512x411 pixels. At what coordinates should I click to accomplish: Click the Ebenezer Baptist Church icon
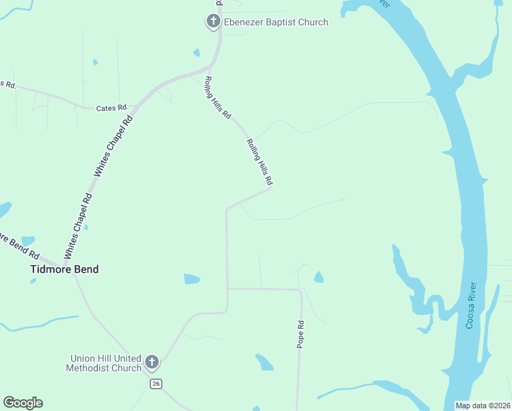point(213,22)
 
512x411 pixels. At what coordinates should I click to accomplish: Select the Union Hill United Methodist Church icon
point(152,362)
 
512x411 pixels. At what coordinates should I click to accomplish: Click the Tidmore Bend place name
point(64,269)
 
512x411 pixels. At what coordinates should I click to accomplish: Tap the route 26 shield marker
point(157,384)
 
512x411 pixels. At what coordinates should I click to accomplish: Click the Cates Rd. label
point(112,108)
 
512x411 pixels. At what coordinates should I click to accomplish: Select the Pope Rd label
point(300,334)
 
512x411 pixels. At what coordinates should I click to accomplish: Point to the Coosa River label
point(470,305)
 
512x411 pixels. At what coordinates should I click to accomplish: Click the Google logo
point(23,403)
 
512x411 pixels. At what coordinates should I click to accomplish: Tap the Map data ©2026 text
point(482,406)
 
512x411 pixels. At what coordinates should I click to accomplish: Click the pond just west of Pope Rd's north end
point(192,279)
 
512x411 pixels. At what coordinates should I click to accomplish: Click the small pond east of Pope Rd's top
point(318,277)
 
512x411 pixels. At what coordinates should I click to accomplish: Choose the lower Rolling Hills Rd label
point(259,162)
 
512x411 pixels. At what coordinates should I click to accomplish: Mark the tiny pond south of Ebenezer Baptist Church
point(197,53)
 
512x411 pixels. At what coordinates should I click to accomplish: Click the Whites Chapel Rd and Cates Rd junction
point(136,108)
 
